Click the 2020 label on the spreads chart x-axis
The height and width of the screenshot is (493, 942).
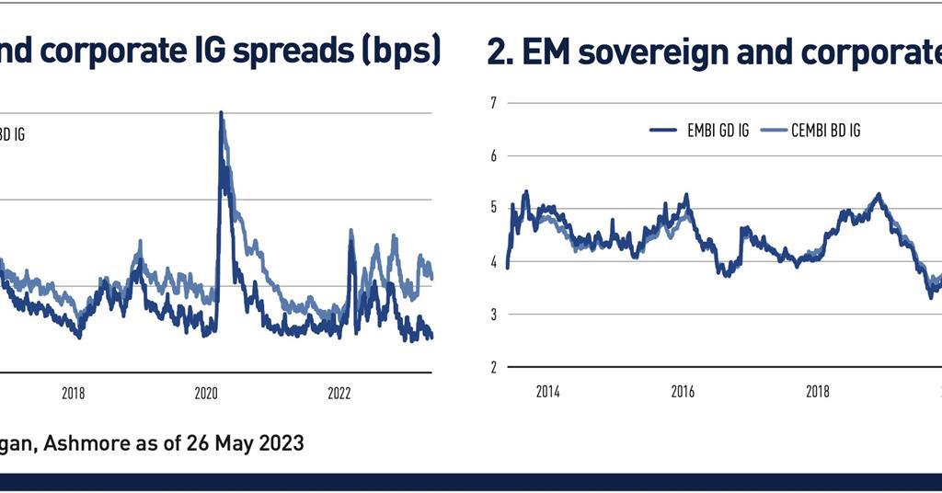tap(205, 393)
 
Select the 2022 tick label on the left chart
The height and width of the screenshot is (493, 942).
tap(339, 393)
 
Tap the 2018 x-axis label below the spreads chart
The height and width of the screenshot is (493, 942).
tap(73, 393)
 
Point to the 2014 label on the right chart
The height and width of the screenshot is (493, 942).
tap(547, 392)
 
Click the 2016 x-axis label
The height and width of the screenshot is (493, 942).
tap(683, 392)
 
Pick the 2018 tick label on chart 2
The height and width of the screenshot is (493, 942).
tap(818, 392)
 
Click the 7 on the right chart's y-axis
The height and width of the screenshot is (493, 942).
tap(493, 102)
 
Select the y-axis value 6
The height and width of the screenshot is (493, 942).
tap(493, 155)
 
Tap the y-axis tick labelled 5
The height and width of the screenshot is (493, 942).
tap(493, 208)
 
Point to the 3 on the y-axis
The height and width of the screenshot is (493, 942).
tap(493, 315)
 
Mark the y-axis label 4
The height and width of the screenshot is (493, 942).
tap(493, 261)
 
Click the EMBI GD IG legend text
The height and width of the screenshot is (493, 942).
tap(718, 131)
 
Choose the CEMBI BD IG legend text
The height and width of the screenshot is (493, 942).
tap(825, 131)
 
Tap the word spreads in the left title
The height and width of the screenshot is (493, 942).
tap(288, 52)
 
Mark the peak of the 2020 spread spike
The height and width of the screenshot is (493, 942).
tap(221, 114)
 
